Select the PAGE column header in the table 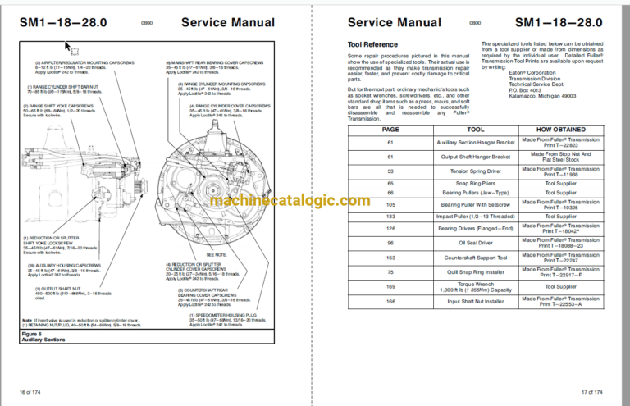coord(367,130)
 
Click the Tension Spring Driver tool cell coord(452,172)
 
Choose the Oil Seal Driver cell coord(452,243)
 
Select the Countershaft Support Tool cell coord(452,257)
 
